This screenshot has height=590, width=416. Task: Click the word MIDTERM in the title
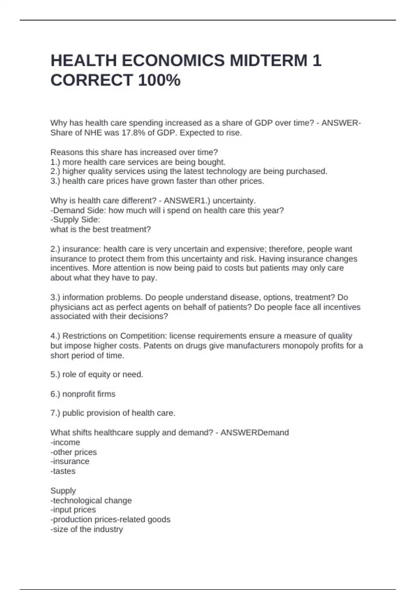click(x=268, y=61)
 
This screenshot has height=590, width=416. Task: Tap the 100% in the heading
click(x=159, y=80)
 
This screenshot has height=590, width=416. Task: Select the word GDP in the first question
click(x=263, y=123)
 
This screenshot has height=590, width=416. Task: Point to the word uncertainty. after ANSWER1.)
click(x=234, y=201)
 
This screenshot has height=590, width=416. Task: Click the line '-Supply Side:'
click(x=75, y=220)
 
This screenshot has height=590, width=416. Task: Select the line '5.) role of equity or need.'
click(x=97, y=374)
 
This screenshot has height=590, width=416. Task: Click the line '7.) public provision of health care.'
click(x=113, y=413)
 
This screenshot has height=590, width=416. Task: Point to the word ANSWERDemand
click(x=254, y=433)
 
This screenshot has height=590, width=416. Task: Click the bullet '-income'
click(x=65, y=442)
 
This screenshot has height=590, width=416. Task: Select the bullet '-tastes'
click(x=63, y=471)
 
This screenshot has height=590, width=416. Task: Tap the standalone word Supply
click(x=63, y=491)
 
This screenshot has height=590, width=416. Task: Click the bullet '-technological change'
click(x=91, y=500)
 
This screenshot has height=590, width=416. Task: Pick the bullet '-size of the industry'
click(x=87, y=529)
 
